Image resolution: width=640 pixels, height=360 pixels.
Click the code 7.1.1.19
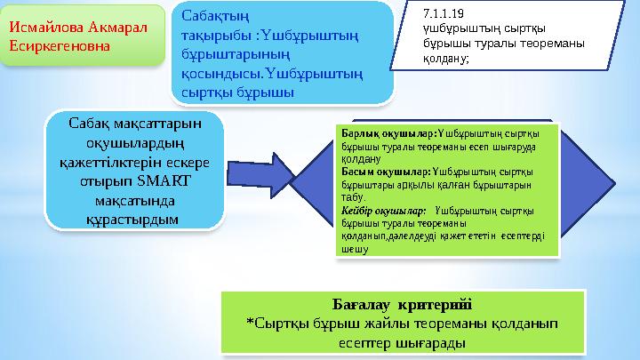click(x=444, y=15)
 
